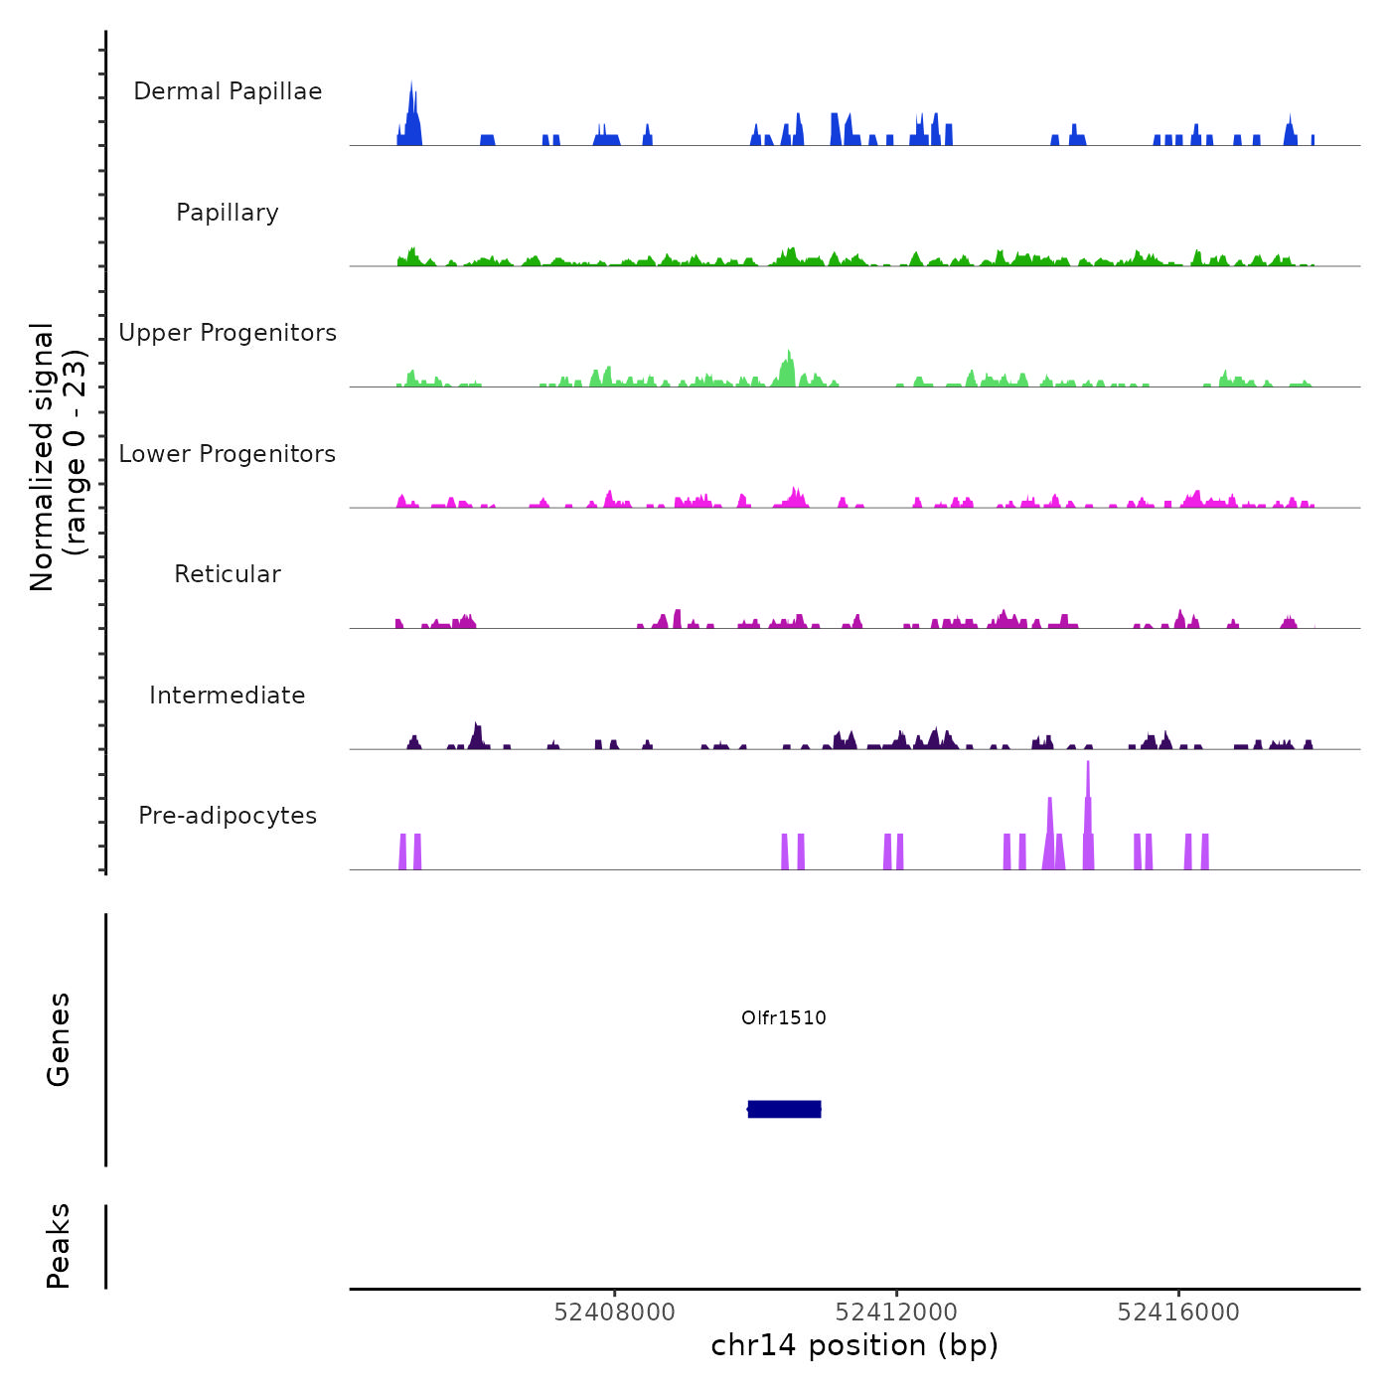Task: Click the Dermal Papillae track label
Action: (x=228, y=91)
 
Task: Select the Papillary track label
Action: (x=228, y=213)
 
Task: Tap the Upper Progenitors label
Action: (x=228, y=333)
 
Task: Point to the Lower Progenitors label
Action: (x=228, y=454)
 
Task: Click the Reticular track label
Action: (x=228, y=574)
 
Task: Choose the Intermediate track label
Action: (x=228, y=695)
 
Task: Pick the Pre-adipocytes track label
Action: (x=228, y=816)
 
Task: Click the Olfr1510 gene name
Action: (x=784, y=1017)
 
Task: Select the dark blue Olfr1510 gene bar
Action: (x=784, y=1109)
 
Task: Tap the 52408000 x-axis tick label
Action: (x=614, y=1313)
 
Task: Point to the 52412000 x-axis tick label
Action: (x=896, y=1313)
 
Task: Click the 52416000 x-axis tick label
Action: (x=1178, y=1313)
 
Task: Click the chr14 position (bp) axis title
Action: (x=854, y=1345)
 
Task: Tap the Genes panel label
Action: (x=59, y=1039)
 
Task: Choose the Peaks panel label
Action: (x=59, y=1246)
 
